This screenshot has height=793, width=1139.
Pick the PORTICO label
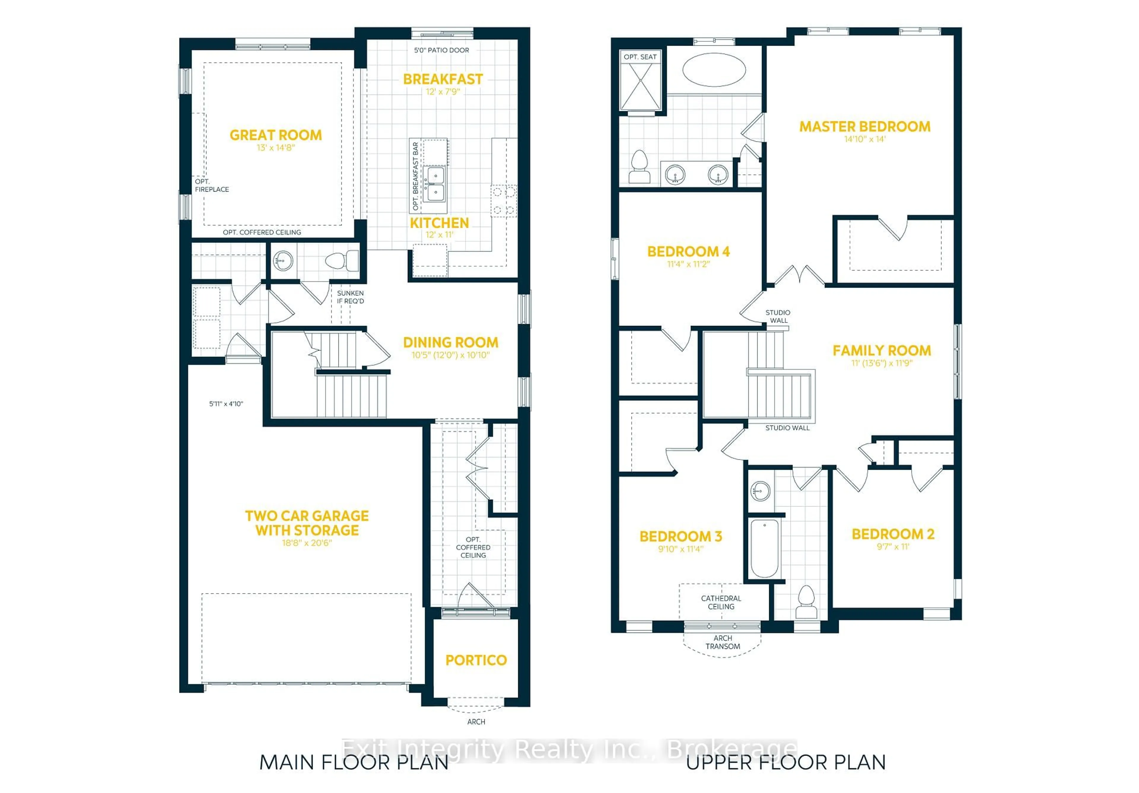pyautogui.click(x=476, y=660)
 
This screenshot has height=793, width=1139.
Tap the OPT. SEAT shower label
pyautogui.click(x=640, y=57)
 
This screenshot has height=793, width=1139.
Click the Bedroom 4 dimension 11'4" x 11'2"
pyautogui.click(x=688, y=264)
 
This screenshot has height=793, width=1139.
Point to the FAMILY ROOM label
pyautogui.click(x=882, y=351)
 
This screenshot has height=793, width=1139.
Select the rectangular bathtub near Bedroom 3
pyautogui.click(x=764, y=548)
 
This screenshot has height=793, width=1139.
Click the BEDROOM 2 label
pyautogui.click(x=893, y=534)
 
